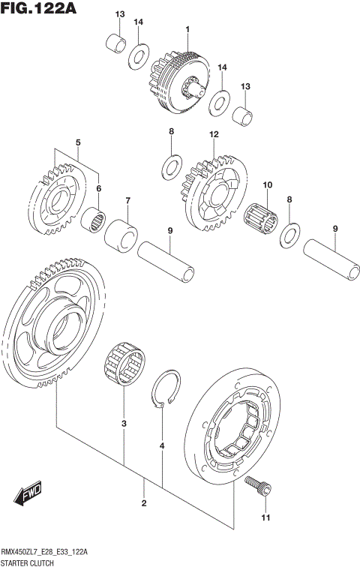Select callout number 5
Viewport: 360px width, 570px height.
78,142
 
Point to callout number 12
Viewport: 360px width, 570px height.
214,134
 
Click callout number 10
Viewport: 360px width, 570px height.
266,184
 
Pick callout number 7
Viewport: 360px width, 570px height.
128,200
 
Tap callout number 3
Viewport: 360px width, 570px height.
124,424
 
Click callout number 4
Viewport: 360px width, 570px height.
162,447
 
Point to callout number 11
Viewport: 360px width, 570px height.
264,517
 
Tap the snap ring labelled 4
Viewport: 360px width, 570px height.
169,390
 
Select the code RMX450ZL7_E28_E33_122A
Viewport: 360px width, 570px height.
45,552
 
